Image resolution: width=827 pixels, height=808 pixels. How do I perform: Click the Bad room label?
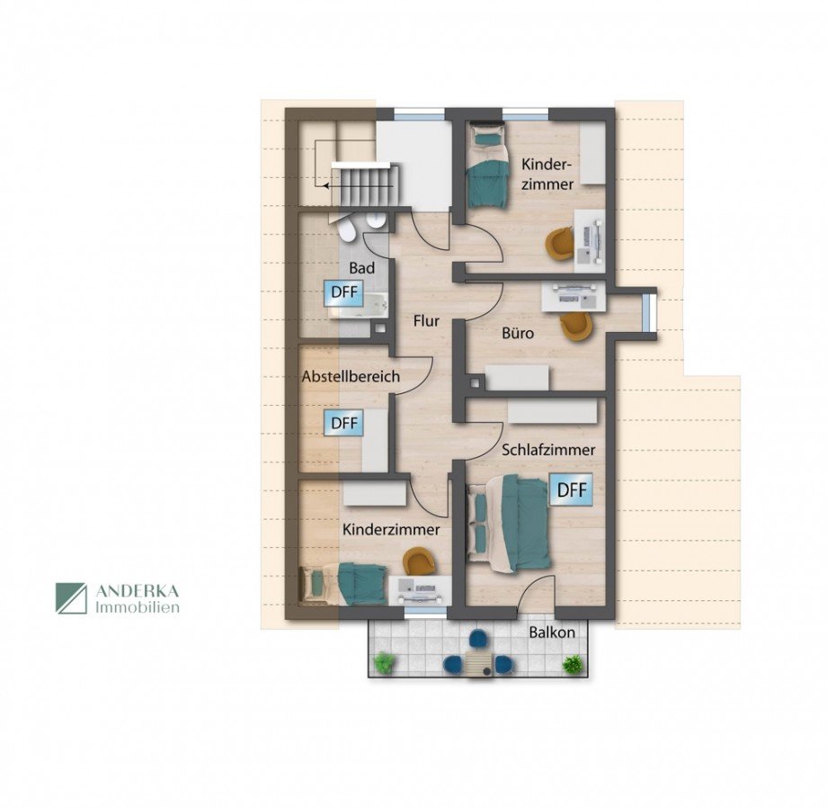[x=361, y=268]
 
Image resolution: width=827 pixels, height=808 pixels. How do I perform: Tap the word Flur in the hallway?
[x=426, y=320]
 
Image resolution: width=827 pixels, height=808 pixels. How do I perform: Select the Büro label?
[x=518, y=334]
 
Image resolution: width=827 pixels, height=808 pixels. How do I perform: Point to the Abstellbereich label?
[x=351, y=376]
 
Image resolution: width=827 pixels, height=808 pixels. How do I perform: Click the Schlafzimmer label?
[x=548, y=450]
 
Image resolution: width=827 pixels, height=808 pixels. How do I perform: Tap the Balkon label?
[x=552, y=632]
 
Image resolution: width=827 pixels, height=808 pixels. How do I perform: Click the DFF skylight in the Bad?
[x=344, y=292]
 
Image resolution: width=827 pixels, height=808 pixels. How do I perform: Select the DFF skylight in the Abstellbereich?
[x=344, y=423]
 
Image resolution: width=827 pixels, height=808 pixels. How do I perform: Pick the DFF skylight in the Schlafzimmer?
[x=572, y=489]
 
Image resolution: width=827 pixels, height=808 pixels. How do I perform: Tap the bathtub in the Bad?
[x=360, y=307]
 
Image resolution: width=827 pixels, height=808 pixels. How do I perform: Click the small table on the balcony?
[x=478, y=663]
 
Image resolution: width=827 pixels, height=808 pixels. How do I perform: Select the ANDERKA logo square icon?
[x=71, y=598]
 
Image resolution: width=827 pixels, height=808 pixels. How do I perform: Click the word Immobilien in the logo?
[x=138, y=607]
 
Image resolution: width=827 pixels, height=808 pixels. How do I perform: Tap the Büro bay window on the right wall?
[x=651, y=313]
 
